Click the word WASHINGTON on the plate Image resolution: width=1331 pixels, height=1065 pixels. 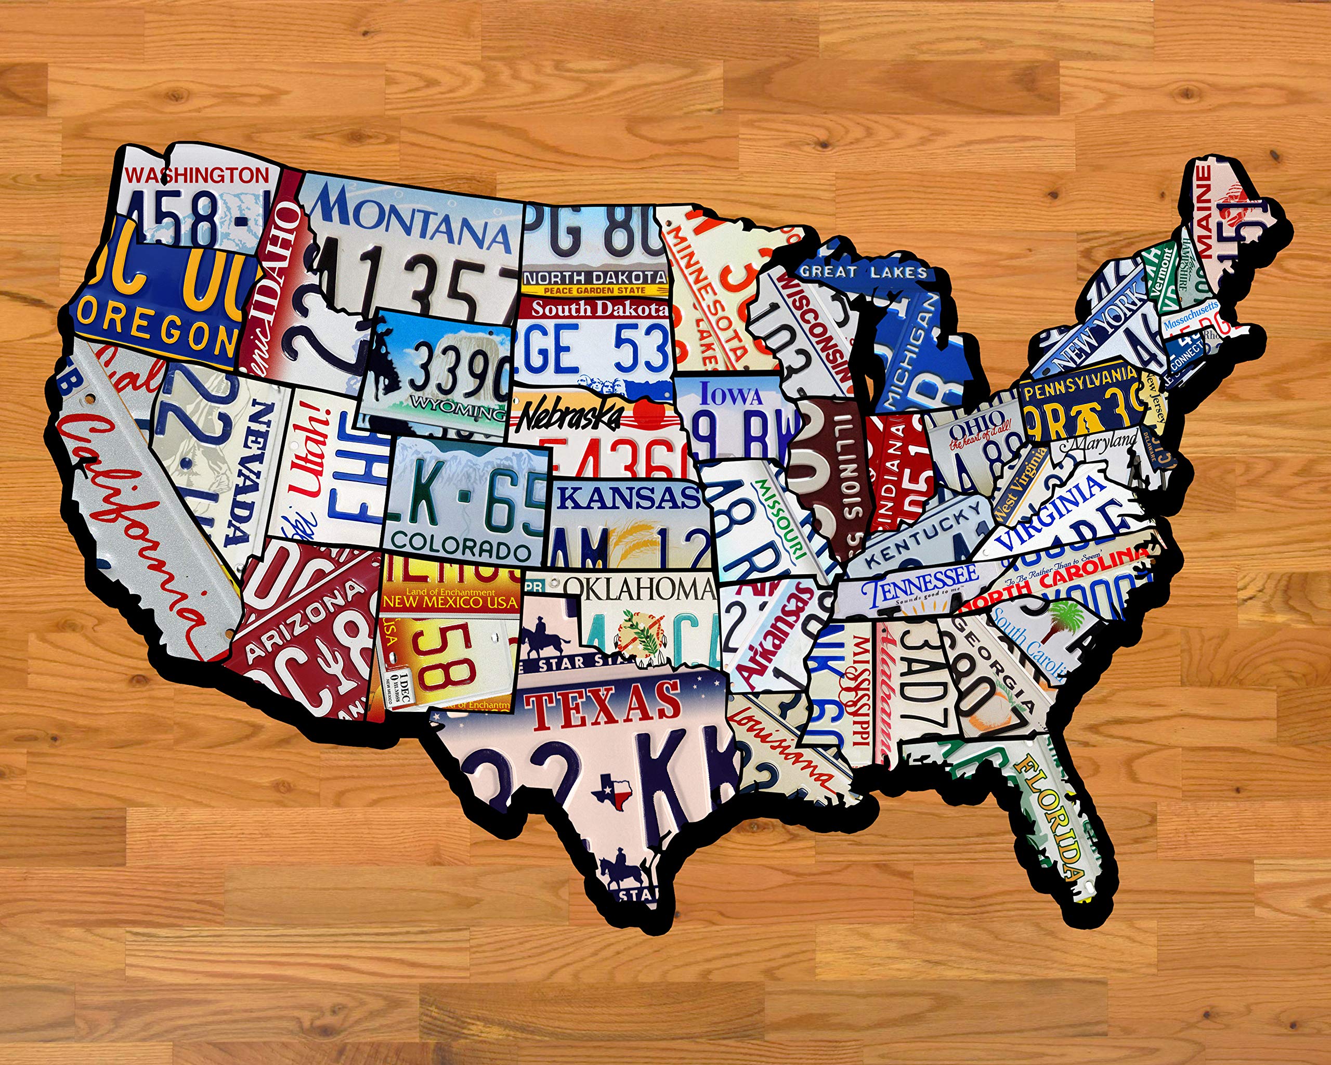pos(197,175)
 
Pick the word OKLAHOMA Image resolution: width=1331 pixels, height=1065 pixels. pos(639,589)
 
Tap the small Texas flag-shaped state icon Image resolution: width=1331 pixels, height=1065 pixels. pos(611,791)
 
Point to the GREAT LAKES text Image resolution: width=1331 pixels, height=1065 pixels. pos(863,271)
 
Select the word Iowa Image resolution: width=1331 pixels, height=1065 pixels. pos(731,395)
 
